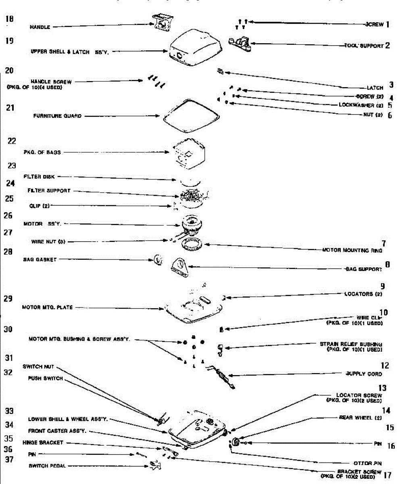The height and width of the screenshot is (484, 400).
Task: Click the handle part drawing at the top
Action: (x=163, y=22)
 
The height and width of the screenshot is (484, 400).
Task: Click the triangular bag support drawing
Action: (x=180, y=267)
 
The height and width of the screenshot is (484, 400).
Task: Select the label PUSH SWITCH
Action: (x=45, y=378)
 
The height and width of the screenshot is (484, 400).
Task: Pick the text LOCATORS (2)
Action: (x=363, y=294)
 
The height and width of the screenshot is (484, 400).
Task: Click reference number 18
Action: (x=9, y=19)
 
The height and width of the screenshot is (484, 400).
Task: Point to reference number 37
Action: (x=9, y=459)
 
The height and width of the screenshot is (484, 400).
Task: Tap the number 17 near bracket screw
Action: (x=388, y=475)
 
